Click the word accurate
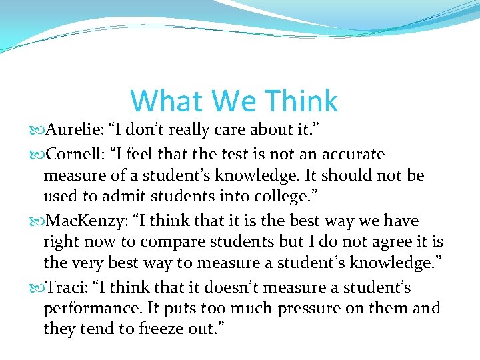tap(353, 154)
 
